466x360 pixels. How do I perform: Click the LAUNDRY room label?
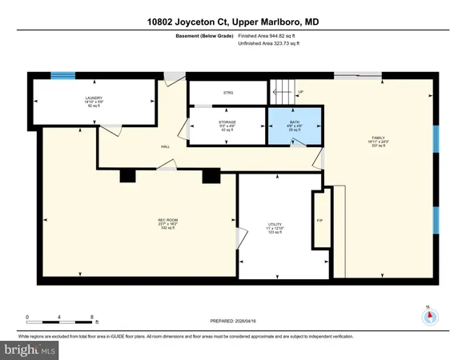[x=95, y=98]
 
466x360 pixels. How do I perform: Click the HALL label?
[x=166, y=146]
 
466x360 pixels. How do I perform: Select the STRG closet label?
[x=227, y=93]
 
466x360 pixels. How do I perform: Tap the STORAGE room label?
[x=227, y=122]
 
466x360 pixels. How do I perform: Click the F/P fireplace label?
[x=319, y=221]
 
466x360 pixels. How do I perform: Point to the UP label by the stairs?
[x=300, y=92]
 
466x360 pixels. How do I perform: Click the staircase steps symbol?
[x=282, y=89]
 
